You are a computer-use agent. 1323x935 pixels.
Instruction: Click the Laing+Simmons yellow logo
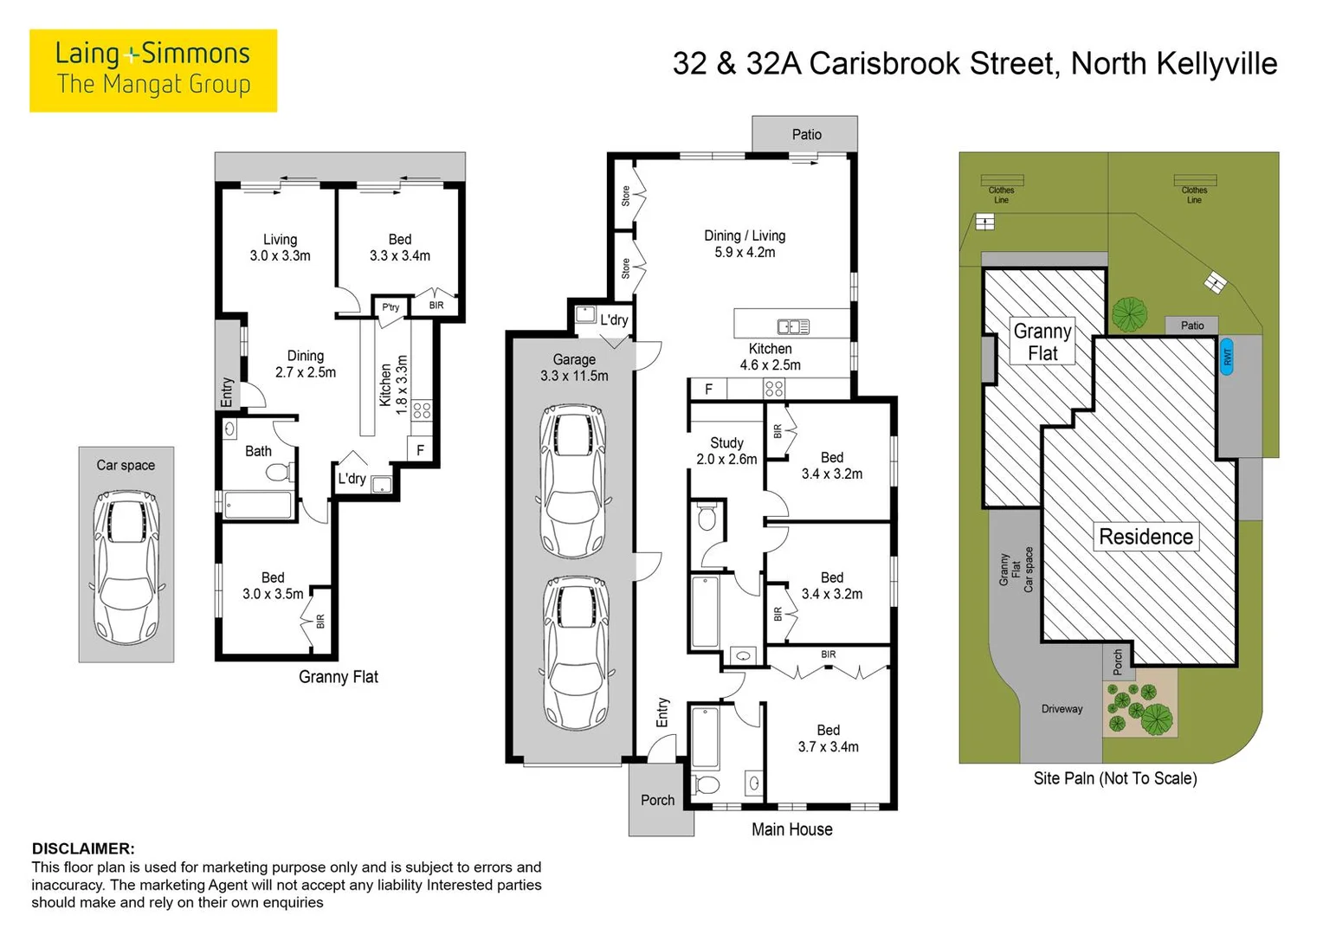[153, 70]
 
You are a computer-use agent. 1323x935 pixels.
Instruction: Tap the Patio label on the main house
[806, 135]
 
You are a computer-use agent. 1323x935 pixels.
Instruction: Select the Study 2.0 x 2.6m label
[726, 451]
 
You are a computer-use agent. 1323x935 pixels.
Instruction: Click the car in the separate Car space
[126, 567]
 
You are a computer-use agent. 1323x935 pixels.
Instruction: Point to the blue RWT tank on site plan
[1227, 356]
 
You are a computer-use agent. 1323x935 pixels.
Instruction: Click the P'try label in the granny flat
[390, 307]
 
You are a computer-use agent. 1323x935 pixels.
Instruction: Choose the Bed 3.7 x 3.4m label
[828, 738]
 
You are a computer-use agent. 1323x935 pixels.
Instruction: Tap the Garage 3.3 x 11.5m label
[574, 367]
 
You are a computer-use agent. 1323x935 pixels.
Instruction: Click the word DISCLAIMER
[83, 848]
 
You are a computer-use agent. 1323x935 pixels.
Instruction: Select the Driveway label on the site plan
[1062, 709]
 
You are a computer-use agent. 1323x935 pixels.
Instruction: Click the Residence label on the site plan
[1146, 536]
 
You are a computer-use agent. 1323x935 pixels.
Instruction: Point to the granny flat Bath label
[258, 451]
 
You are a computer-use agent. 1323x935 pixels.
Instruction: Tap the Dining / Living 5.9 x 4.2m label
[745, 244]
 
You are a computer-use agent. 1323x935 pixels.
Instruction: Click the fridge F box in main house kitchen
[709, 390]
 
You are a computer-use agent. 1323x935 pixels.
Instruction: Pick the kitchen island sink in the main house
[793, 326]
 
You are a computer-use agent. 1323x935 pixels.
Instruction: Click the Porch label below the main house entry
[657, 800]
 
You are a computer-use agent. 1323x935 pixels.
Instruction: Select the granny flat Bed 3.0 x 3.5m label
[273, 585]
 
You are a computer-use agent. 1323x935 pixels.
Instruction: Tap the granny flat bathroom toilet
[279, 472]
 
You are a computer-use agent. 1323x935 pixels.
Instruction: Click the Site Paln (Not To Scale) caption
[1115, 778]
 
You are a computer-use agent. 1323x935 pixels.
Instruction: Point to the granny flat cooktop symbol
[422, 410]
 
